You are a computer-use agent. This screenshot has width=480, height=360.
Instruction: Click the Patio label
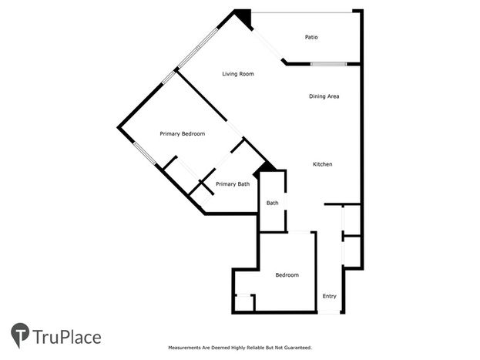pos(311,37)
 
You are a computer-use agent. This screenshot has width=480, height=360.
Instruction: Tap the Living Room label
pos(238,74)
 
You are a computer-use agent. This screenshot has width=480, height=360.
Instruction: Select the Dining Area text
pos(324,96)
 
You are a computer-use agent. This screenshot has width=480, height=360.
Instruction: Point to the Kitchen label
pos(322,164)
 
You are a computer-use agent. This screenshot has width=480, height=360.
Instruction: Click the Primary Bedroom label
pos(182,134)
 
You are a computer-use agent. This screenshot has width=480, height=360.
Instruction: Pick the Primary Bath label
pos(233,183)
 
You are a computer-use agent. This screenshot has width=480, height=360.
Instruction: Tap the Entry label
pos(330,296)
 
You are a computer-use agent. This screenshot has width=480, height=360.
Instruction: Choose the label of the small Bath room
pos(272,203)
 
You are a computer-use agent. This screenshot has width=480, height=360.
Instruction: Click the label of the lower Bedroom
pos(287,275)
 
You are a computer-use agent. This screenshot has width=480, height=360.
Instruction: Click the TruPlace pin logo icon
pos(20,335)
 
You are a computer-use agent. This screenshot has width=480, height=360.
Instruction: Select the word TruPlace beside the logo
pos(67,338)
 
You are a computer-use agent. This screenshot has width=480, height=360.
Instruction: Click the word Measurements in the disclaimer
pos(182,348)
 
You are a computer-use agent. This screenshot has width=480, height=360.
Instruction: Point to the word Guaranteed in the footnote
pos(297,348)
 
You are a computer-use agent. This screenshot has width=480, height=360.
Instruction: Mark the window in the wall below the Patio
pos(328,64)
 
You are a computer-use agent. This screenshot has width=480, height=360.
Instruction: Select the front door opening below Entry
pos(329,312)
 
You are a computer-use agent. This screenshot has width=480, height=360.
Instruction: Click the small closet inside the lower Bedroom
pos(244,303)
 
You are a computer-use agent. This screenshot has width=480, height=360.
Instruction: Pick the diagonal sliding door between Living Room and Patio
pos(267,45)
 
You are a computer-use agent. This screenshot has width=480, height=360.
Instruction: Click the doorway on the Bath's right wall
pos(286,201)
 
